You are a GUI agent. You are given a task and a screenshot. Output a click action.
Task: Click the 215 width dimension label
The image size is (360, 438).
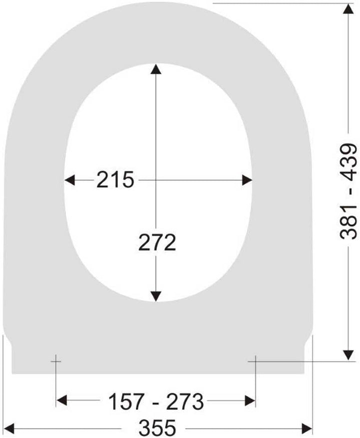tap(115, 180)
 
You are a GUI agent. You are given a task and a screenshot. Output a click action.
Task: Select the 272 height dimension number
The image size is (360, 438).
tap(157, 242)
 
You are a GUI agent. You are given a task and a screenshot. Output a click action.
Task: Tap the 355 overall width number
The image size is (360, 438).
tap(157, 427)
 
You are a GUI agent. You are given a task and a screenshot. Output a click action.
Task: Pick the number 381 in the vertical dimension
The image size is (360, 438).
tap(348, 222)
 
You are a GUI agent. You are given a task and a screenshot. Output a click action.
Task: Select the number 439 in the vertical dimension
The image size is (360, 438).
tap(348, 162)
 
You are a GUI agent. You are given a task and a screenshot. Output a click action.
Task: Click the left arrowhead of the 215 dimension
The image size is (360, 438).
tap(69, 180)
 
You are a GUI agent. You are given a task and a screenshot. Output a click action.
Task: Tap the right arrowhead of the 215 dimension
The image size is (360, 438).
tap(247, 180)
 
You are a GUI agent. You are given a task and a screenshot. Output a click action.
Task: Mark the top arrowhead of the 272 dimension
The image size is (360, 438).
tap(155, 69)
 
